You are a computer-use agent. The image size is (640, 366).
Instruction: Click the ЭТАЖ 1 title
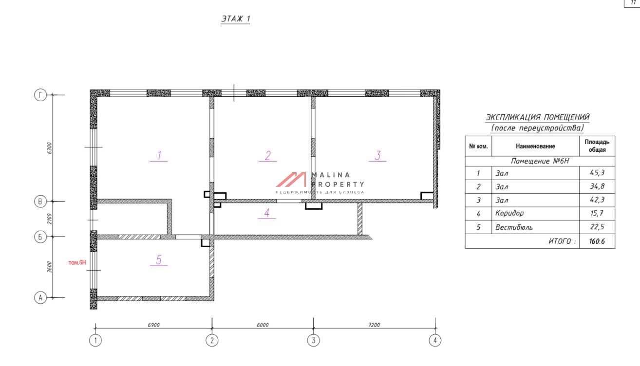click(x=235, y=19)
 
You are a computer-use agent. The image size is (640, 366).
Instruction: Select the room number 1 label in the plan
click(x=159, y=156)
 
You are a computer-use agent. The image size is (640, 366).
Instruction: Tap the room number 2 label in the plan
click(x=268, y=156)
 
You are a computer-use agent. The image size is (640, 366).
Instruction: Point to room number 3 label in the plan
click(x=377, y=156)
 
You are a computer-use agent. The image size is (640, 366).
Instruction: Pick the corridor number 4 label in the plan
click(x=267, y=213)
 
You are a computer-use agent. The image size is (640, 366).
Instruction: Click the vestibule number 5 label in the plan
click(x=159, y=260)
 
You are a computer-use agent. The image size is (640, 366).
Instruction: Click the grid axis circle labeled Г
click(x=40, y=95)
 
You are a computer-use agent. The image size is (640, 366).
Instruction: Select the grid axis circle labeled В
click(x=40, y=201)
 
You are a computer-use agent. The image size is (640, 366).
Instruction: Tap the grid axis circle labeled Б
click(x=40, y=237)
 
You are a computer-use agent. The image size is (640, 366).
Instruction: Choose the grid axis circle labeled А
click(x=40, y=298)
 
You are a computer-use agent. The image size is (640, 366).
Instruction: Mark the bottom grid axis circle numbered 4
click(x=435, y=340)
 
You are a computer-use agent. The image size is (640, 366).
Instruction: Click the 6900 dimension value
click(x=154, y=325)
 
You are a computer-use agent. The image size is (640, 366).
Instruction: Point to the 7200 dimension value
click(x=374, y=325)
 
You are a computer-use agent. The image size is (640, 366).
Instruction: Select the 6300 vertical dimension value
click(x=49, y=148)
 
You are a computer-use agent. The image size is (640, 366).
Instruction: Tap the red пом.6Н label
click(x=77, y=262)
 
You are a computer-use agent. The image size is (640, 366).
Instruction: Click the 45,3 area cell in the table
click(x=597, y=173)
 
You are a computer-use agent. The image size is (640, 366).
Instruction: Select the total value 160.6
click(x=597, y=241)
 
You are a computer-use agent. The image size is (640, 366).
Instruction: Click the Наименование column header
click(x=535, y=146)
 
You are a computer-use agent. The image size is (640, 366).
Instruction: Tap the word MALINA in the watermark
click(x=331, y=175)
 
